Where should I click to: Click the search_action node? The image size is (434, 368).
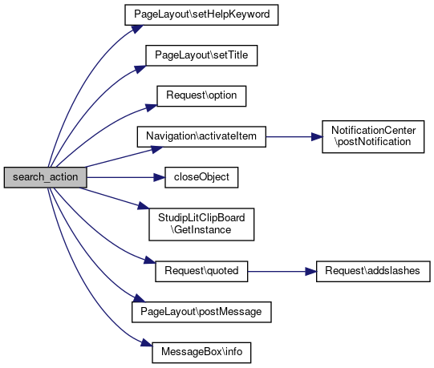tap(45, 177)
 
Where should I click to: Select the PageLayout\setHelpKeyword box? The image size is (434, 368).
tap(201, 14)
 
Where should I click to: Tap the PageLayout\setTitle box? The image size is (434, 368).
tap(201, 55)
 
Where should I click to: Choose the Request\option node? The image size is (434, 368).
tap(201, 96)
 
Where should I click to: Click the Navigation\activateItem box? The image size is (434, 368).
tap(201, 136)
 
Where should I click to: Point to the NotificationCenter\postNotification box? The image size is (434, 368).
tap(373, 136)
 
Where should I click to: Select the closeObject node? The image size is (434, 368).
tap(201, 177)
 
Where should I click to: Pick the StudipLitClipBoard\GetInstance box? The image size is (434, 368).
tap(201, 224)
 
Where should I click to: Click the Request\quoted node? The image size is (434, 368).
tap(201, 272)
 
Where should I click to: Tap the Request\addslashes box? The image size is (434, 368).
tap(373, 272)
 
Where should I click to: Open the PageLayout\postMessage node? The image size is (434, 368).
tap(201, 312)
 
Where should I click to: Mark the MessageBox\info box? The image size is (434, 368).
tap(201, 353)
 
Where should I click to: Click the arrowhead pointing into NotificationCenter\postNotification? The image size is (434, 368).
tap(317, 136)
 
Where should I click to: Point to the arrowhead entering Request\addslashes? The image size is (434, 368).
tap(310, 272)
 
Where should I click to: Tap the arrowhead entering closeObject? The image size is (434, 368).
tap(160, 177)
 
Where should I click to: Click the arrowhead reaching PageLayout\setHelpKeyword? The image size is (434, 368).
tap(137, 29)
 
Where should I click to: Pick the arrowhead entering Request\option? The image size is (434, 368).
tap(152, 107)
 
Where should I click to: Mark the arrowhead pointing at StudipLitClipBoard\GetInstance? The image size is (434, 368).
tap(144, 206)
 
